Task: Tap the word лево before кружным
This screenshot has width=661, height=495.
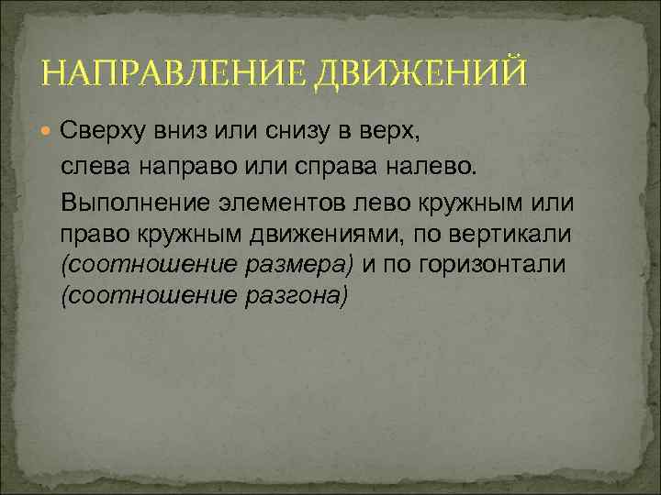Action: (363, 201)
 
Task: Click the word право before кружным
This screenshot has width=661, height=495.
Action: (90, 233)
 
